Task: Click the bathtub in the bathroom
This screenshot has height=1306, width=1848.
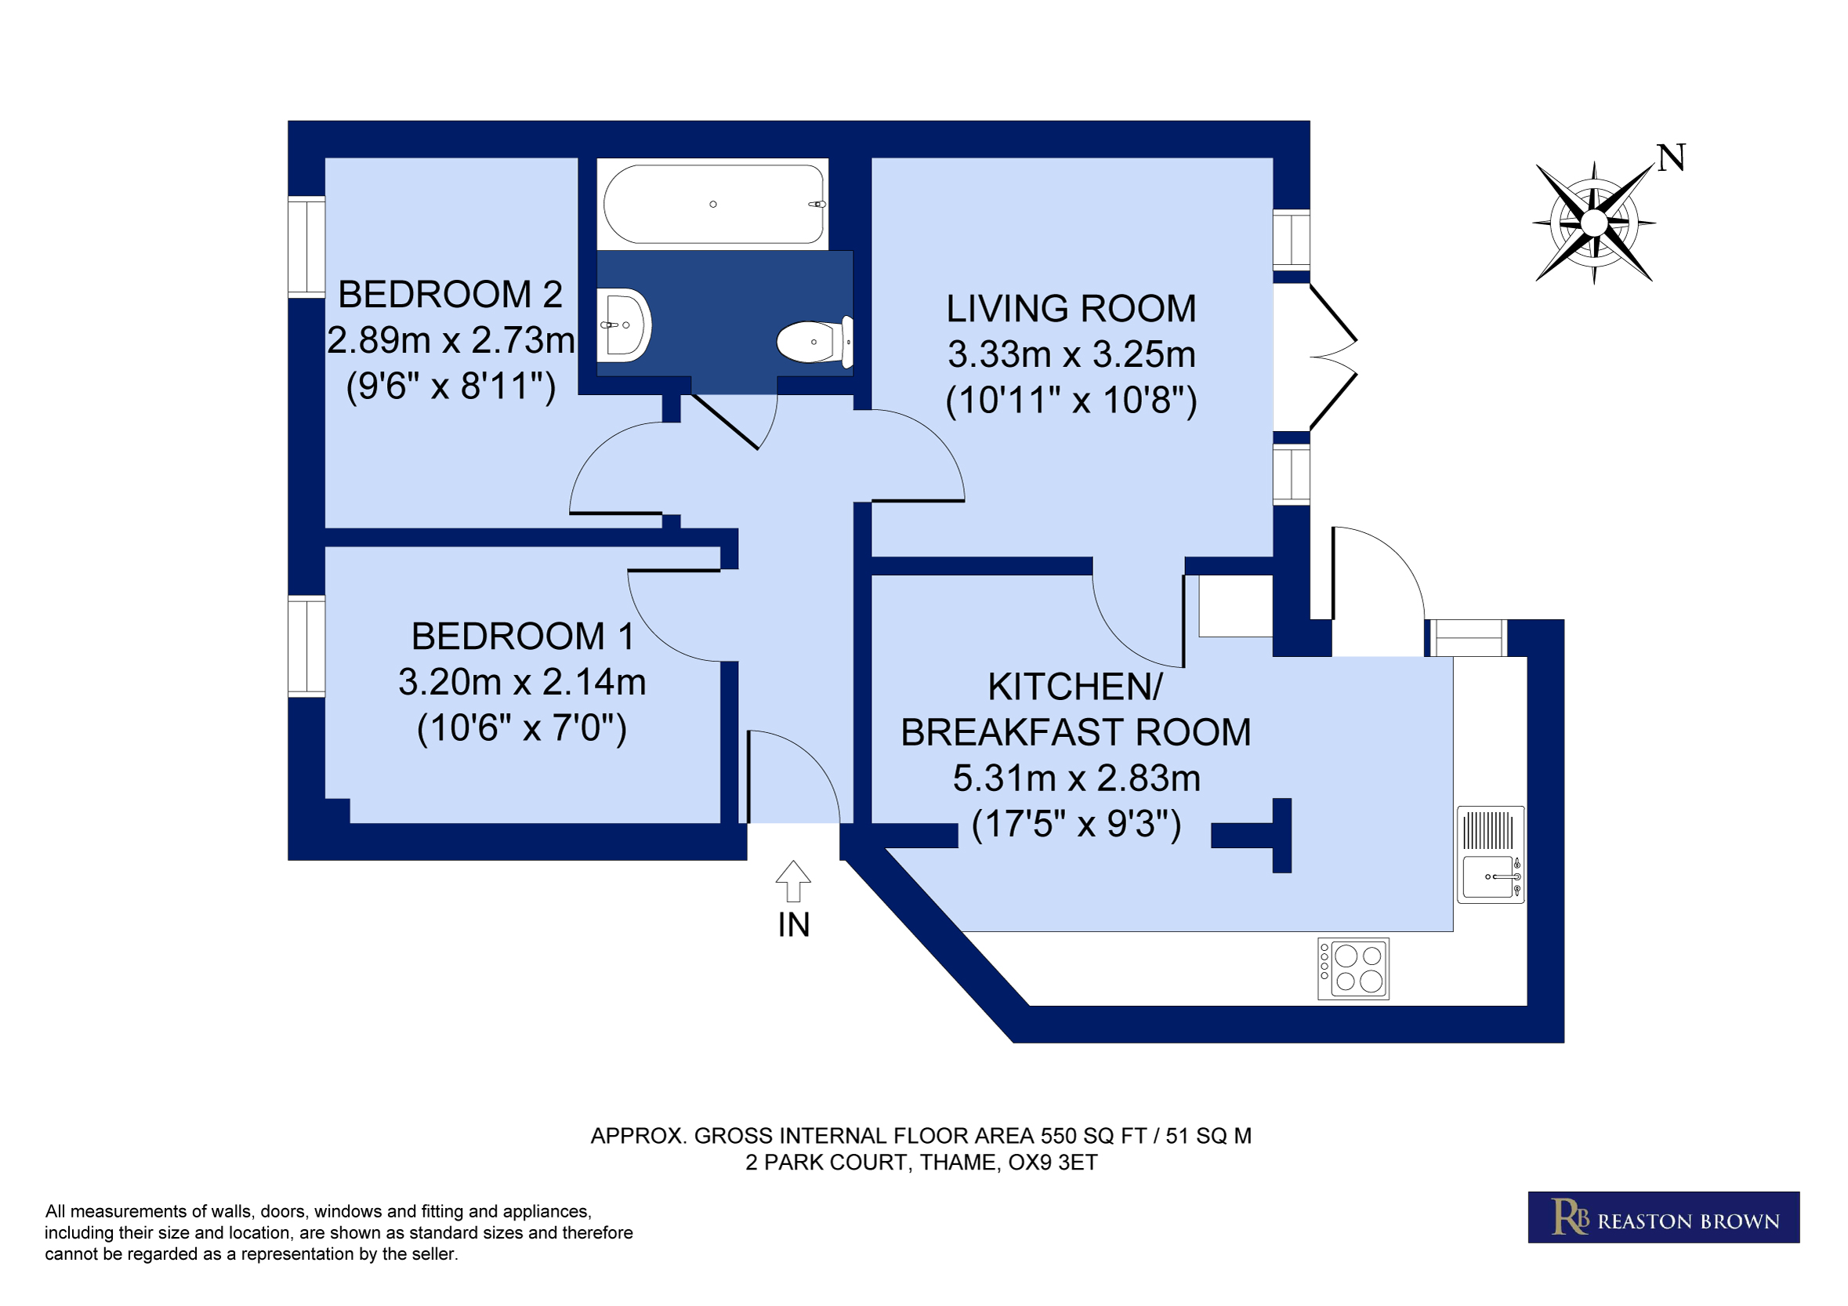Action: point(713,204)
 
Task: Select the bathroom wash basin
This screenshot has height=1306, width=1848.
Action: point(624,325)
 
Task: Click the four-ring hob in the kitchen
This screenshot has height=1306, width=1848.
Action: point(1353,969)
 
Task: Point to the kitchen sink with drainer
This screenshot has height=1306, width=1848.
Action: point(1491,854)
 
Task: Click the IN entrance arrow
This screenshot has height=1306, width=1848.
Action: point(793,881)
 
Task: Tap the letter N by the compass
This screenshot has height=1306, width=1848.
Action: point(1672,158)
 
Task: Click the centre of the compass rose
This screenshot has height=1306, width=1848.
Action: point(1593,222)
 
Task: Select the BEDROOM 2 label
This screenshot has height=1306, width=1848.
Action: point(450,294)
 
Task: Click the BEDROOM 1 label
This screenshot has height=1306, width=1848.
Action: point(523,636)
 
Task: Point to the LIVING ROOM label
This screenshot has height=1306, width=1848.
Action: point(1071,308)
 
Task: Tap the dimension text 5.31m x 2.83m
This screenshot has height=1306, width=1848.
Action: point(1076,778)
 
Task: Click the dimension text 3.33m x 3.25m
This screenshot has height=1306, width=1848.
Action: point(1071,354)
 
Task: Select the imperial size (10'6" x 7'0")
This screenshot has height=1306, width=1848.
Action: point(521,728)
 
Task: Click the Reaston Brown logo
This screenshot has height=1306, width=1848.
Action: point(1664,1217)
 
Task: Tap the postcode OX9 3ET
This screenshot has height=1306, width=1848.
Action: point(1053,1163)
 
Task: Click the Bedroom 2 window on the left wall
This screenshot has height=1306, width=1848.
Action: point(306,247)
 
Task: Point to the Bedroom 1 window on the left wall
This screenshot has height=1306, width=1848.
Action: point(306,646)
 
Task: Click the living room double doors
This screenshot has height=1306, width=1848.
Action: point(1315,357)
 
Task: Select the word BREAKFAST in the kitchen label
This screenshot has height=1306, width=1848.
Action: point(1011,732)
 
